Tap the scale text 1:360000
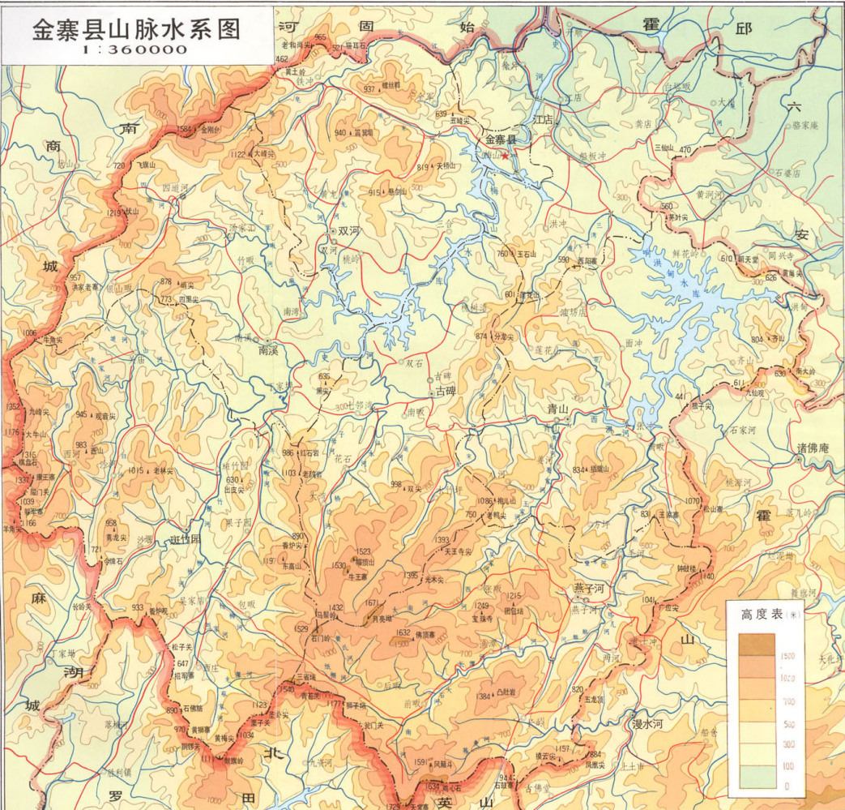coord(135,49)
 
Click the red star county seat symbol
coord(506,156)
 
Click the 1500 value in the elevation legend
coord(787,655)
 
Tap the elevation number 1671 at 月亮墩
coord(372,603)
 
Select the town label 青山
coord(557,409)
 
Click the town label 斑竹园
coord(185,540)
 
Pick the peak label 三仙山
coord(663,148)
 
